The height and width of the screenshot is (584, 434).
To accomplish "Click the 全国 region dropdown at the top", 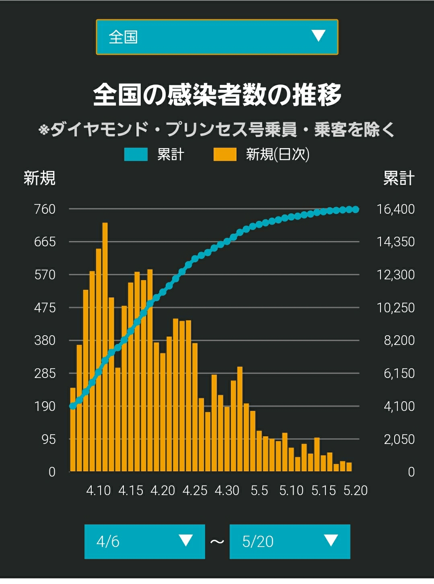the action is click(217, 37).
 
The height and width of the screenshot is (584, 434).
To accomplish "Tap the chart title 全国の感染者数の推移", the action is click(217, 95).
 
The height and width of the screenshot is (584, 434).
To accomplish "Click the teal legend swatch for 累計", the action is click(136, 154).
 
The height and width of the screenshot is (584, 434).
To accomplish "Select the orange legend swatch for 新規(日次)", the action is click(225, 154).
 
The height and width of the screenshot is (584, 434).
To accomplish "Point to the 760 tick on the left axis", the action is click(45, 209).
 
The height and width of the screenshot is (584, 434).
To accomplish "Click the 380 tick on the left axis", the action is click(45, 340).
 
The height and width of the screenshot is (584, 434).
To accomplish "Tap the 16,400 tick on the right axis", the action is click(395, 209).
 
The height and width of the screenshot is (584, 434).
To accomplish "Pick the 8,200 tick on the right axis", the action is click(399, 340).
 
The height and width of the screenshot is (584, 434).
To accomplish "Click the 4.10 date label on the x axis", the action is click(99, 491).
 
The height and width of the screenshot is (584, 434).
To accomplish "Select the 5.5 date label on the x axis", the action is click(259, 491).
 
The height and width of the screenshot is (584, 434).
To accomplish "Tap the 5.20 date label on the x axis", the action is click(355, 491).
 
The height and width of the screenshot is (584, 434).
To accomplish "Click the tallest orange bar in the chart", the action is click(105, 347).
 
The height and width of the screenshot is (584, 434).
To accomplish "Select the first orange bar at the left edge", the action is click(73, 429).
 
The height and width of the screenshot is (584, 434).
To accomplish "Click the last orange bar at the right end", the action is click(349, 466).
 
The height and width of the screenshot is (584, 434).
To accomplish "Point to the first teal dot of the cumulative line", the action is click(73, 406).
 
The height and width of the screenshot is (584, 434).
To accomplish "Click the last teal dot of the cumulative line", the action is click(356, 210).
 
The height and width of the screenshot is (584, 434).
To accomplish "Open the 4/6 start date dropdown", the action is click(144, 542).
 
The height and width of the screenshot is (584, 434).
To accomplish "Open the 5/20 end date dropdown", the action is click(290, 542).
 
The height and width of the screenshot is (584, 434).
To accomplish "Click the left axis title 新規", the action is click(39, 178).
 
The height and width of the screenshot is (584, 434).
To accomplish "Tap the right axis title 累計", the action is click(399, 178).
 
